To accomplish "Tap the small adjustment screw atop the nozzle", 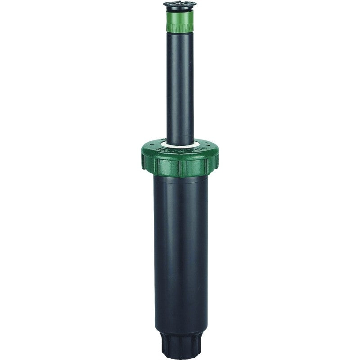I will point(180,4).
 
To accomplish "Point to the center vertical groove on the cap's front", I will point(180,169).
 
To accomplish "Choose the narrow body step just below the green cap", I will point(180,179).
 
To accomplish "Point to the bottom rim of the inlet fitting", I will point(180,355).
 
